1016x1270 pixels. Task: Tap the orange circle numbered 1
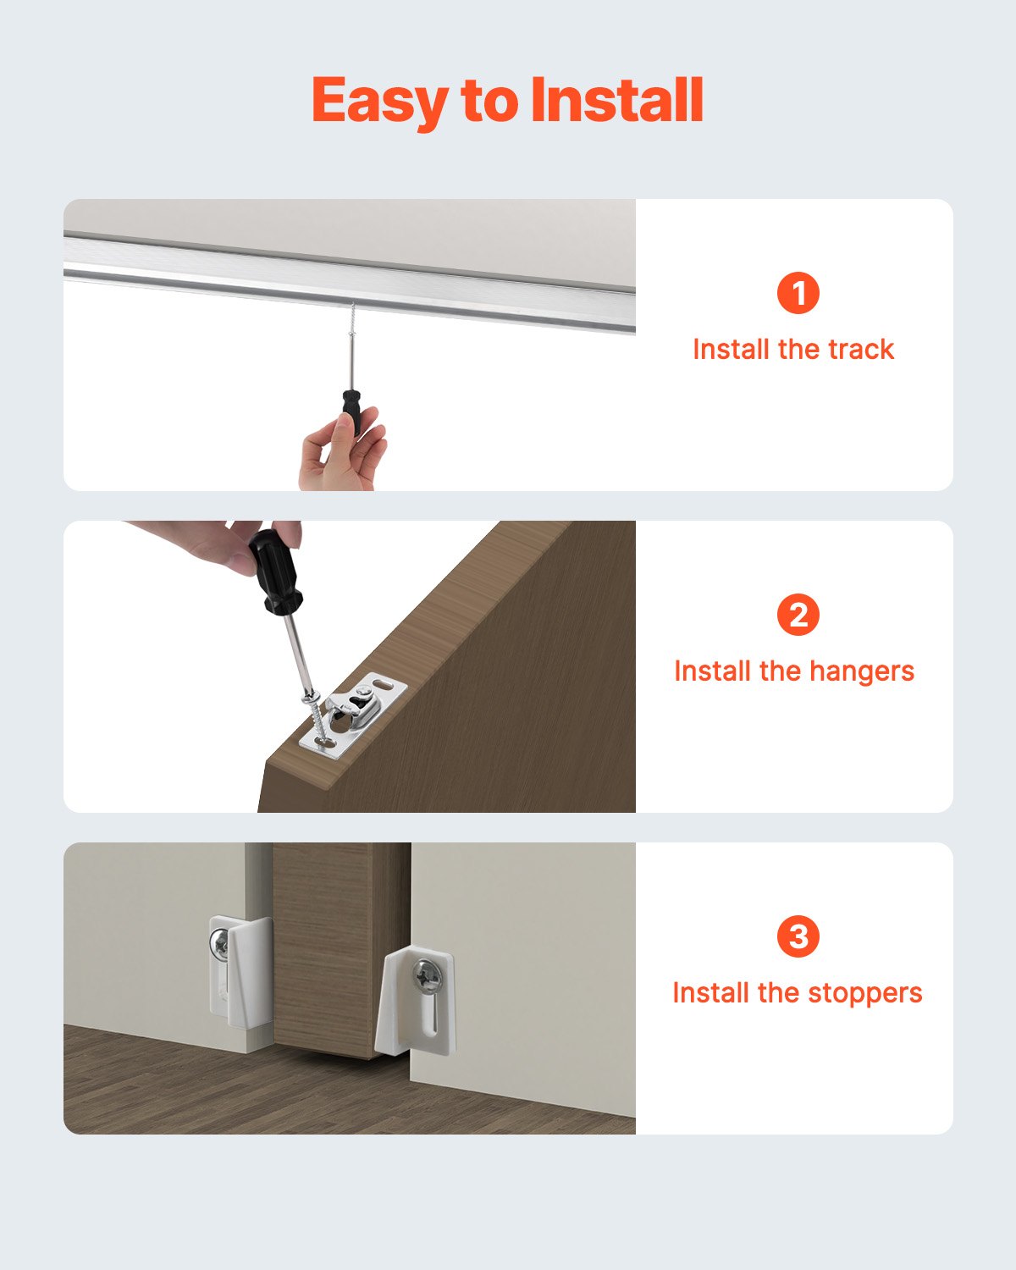(798, 293)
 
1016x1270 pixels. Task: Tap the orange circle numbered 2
(798, 615)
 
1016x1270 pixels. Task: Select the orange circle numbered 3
(798, 936)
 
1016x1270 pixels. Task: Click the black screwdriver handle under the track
(351, 410)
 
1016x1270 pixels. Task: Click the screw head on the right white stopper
(426, 979)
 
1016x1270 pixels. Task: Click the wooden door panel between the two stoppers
(339, 948)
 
